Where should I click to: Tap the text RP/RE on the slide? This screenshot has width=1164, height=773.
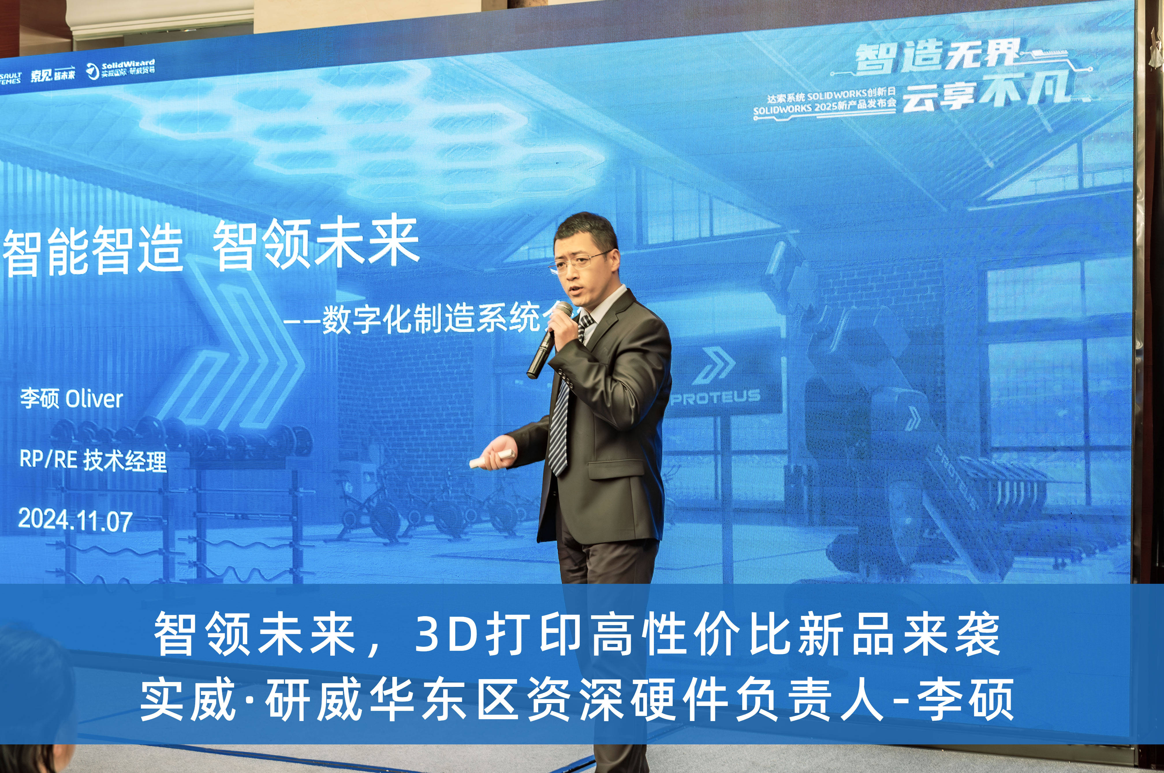pyautogui.click(x=48, y=460)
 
